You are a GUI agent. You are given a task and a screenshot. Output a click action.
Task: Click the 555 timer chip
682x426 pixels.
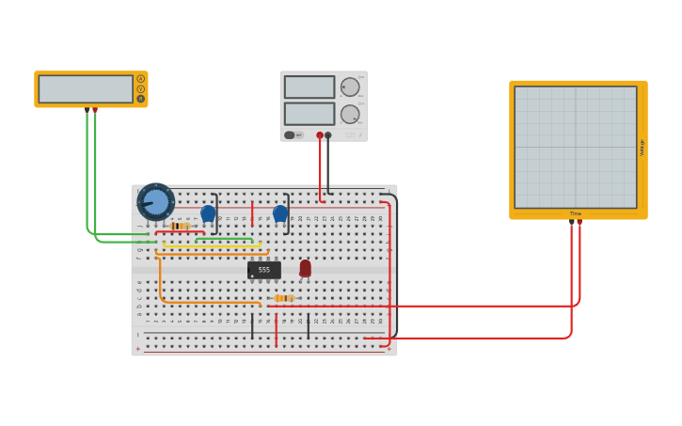263,270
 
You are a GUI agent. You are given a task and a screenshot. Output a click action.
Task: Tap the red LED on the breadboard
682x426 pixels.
305,268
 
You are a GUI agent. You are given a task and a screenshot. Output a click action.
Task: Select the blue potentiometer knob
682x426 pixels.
155,202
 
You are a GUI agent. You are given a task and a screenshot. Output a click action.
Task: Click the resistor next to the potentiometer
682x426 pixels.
180,226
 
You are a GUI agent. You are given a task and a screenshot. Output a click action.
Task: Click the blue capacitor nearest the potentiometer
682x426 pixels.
208,213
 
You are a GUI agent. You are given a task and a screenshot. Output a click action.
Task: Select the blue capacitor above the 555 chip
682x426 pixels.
279,213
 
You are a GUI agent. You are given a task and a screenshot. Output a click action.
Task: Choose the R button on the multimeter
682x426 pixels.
141,99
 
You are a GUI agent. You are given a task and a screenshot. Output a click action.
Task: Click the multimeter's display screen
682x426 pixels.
86,89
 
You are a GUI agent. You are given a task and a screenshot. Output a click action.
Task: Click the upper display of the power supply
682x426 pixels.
309,87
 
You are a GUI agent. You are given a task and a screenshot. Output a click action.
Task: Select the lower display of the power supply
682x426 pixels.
309,114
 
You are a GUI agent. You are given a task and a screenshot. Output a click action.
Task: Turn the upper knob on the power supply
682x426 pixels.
350,87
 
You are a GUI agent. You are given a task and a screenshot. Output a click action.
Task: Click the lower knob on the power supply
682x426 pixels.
350,114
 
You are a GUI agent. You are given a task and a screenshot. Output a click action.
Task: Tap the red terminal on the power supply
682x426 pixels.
320,135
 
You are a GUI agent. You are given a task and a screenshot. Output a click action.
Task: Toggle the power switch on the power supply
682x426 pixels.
290,135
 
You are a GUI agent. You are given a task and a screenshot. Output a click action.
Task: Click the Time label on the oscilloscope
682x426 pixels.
576,213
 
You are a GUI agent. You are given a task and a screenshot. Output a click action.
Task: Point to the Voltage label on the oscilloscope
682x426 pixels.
642,148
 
